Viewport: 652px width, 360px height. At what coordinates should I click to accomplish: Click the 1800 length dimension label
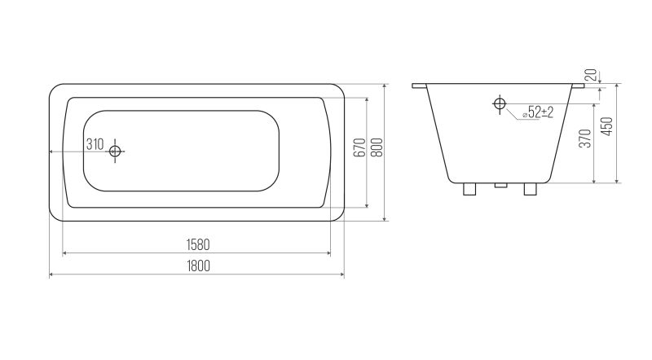pos(198,266)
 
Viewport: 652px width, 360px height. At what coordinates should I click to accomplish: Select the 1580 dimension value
pos(198,245)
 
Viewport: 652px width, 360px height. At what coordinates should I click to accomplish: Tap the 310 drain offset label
pos(95,145)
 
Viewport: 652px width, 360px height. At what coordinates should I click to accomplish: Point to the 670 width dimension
pos(361,147)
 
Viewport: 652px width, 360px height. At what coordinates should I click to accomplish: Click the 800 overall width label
pos(377,147)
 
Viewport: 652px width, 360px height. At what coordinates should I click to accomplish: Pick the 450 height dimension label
pos(607,126)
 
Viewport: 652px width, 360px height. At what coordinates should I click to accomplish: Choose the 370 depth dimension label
pos(585,138)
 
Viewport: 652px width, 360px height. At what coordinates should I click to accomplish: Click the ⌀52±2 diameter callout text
pos(538,112)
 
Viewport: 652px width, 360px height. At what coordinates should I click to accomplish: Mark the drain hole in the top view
pos(115,151)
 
